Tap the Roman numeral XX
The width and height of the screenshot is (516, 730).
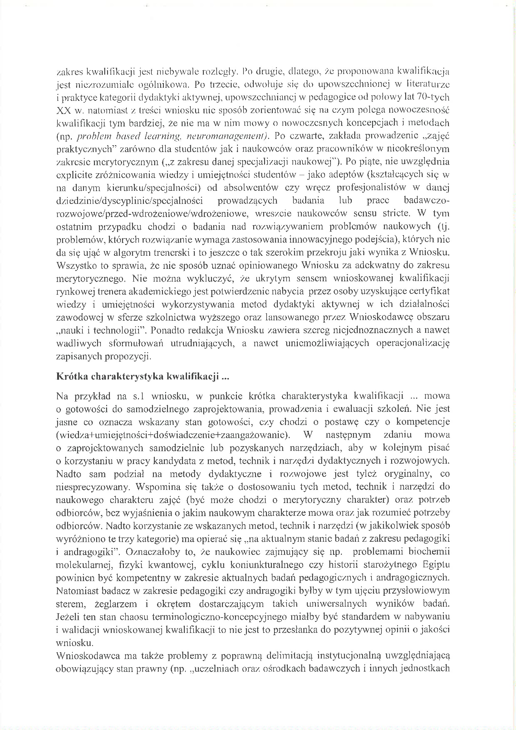[64, 111]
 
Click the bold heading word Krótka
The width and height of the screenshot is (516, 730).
[72, 377]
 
